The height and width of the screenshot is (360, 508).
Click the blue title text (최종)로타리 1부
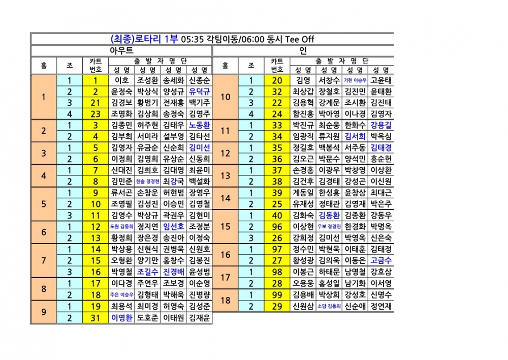pos(143,39)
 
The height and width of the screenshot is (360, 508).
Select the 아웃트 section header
pos(122,50)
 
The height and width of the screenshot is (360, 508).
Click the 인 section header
pos(303,50)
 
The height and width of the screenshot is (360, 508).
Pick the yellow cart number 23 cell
pos(95,114)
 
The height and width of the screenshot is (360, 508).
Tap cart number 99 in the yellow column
pos(277,294)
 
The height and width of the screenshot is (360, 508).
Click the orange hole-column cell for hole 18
pos(226,300)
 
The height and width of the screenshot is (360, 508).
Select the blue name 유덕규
pos(200,92)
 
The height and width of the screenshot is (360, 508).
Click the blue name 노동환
pos(200,125)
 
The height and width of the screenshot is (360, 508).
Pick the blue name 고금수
pos(381,260)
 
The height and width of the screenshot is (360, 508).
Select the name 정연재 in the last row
pos(381,306)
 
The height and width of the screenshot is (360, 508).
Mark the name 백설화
pos(200,182)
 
